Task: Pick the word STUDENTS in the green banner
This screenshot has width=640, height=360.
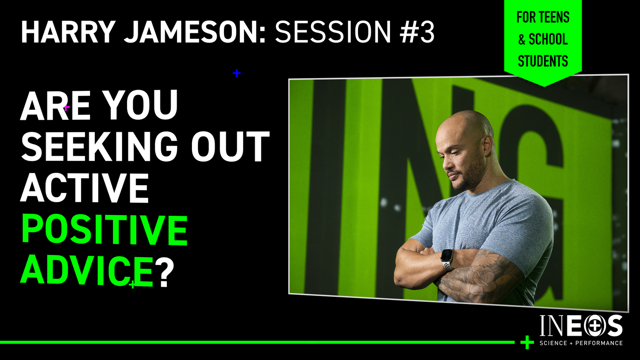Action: point(543,61)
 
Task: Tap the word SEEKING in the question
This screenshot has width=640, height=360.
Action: point(99,147)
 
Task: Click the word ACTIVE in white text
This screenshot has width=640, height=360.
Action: point(84,188)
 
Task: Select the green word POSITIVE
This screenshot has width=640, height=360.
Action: point(104,229)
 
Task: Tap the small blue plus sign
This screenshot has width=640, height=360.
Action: point(236,73)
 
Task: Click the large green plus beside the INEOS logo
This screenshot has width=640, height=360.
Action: point(527,342)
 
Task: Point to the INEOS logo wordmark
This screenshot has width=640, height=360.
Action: point(581,326)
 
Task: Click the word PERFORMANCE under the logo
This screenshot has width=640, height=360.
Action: point(599,343)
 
